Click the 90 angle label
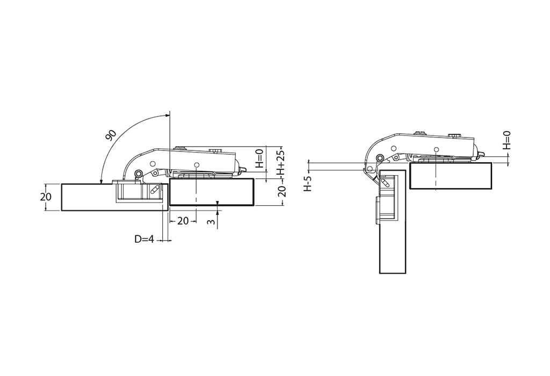(x=111, y=135)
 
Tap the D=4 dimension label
(x=144, y=239)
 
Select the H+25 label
(x=280, y=163)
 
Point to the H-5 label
(x=308, y=184)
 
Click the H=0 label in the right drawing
(x=506, y=140)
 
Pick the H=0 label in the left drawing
(x=259, y=158)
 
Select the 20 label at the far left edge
(x=46, y=197)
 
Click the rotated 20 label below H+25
(x=281, y=191)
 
